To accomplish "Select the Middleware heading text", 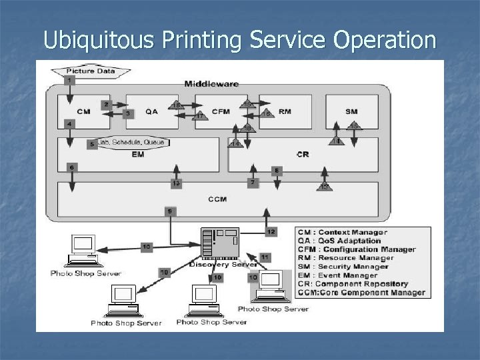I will (x=212, y=84).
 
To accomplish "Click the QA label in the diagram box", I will (x=151, y=111).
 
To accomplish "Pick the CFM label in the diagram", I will (x=220, y=111).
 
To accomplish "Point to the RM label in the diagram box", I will (x=284, y=111).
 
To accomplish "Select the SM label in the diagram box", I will (x=351, y=111).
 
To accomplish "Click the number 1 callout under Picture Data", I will (x=70, y=80).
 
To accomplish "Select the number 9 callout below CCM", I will (x=171, y=211).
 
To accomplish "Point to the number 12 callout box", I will (x=271, y=231).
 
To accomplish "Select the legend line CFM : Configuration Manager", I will (x=357, y=249).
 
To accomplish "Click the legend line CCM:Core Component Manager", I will (x=361, y=293).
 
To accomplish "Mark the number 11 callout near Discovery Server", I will (x=265, y=257).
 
